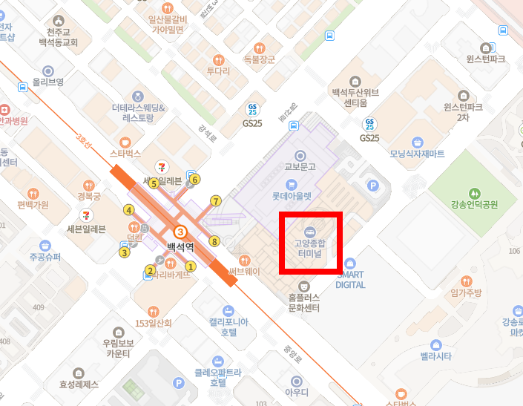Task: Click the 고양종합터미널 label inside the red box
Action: (310, 247)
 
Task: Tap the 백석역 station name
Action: (180, 246)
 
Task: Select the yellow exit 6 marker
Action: (195, 179)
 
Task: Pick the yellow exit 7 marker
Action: (216, 200)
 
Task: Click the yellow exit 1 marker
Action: (190, 266)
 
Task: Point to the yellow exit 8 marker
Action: (214, 241)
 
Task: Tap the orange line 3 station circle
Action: (180, 232)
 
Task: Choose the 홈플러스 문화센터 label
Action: (303, 302)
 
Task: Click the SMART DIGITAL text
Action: (350, 279)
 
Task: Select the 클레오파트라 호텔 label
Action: (217, 378)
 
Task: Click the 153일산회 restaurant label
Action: (154, 323)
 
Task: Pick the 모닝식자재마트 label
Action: (417, 154)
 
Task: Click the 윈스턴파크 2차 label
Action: (463, 111)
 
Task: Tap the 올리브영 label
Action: (47, 82)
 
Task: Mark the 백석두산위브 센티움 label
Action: (355, 96)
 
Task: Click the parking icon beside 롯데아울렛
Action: (373, 186)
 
